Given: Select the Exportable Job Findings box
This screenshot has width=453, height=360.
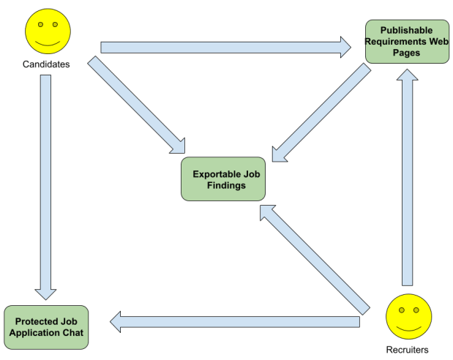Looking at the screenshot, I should pyautogui.click(x=223, y=180).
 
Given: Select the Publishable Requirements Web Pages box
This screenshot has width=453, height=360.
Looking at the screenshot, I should pyautogui.click(x=407, y=42).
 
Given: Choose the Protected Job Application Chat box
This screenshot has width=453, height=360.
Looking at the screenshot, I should pyautogui.click(x=46, y=327).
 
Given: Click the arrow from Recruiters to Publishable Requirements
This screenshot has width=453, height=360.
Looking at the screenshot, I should pyautogui.click(x=408, y=176).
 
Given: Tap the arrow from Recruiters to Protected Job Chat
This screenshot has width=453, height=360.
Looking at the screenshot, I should pyautogui.click(x=234, y=320).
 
